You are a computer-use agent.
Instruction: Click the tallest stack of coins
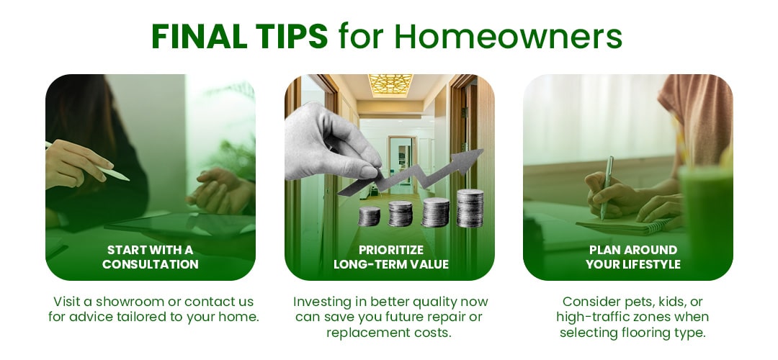tap(470, 208)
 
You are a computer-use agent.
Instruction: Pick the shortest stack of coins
tap(369, 216)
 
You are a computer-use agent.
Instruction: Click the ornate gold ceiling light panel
tap(390, 85)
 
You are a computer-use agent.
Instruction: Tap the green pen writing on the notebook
tap(606, 187)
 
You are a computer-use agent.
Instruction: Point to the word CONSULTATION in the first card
tap(151, 264)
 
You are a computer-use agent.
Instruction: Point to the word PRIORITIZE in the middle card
tap(391, 249)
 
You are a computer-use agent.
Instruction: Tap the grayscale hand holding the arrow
tap(330, 141)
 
